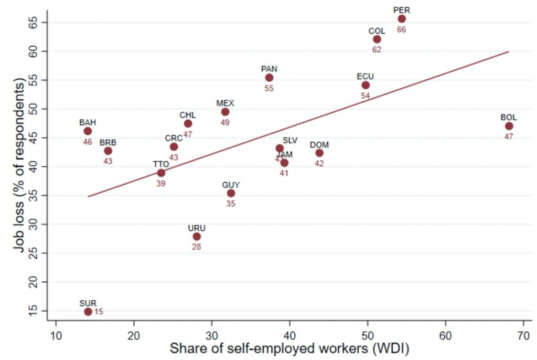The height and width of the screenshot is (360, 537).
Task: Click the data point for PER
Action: pos(402,19)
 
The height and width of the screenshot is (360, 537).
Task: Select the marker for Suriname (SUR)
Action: pos(88,312)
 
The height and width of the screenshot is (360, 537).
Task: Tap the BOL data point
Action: pos(509,126)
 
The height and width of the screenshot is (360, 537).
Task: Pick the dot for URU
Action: pos(197,237)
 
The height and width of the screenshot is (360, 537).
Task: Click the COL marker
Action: pos(377,39)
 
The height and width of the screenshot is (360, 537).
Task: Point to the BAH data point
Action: pos(88,131)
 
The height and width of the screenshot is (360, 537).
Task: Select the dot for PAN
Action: pos(269,78)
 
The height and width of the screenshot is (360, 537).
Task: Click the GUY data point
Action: pos(231,193)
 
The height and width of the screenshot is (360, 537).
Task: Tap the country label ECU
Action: pos(366,77)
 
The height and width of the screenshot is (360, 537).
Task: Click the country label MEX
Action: pos(225,103)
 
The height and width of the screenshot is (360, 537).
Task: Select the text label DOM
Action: pos(319,145)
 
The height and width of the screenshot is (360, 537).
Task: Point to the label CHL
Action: pos(188,115)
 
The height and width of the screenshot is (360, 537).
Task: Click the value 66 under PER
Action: pos(402,30)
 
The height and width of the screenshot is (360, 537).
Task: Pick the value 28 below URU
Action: pos(197,247)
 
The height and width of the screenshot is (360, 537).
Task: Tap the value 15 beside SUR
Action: pos(99,312)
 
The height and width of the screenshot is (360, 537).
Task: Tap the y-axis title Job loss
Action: pos(19,165)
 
